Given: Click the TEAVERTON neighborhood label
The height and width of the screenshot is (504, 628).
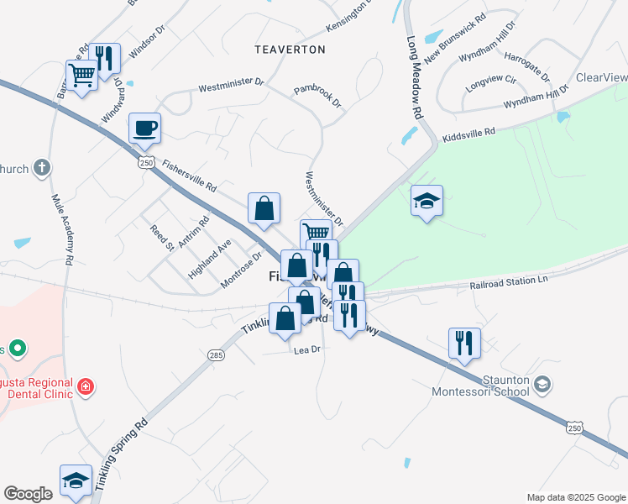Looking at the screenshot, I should [x=290, y=50].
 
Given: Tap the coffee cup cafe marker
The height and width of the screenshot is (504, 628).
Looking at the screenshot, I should [x=144, y=128].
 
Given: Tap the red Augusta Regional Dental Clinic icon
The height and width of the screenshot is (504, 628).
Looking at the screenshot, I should [x=85, y=387].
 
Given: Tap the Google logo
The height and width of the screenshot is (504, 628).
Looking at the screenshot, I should [x=28, y=494].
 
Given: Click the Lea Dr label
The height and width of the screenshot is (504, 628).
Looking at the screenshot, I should [x=307, y=349].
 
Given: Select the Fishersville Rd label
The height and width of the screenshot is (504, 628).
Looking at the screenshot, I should [x=190, y=174].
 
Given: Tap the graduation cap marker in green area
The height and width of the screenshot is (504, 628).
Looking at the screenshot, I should [x=427, y=201].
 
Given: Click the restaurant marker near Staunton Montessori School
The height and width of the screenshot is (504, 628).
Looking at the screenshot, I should [x=464, y=342].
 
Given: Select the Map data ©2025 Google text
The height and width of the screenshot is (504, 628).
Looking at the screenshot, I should [x=575, y=497].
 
